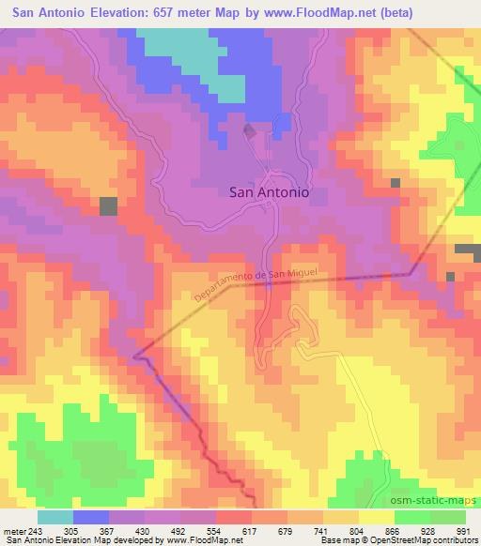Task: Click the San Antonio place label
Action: click(x=270, y=191)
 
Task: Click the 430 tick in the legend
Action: click(x=157, y=531)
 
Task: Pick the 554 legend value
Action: click(x=228, y=531)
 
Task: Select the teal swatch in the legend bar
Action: click(x=55, y=517)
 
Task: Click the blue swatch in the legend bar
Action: click(x=91, y=517)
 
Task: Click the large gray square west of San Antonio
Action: click(x=109, y=206)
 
